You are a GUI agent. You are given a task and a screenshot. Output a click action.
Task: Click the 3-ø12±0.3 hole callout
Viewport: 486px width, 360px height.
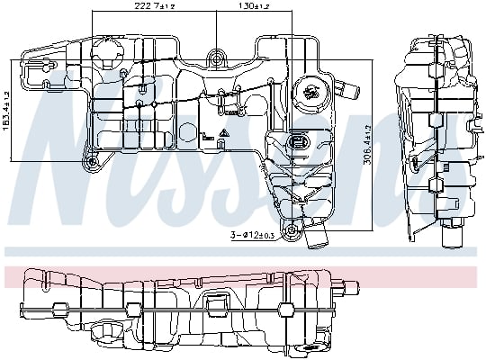[253, 235]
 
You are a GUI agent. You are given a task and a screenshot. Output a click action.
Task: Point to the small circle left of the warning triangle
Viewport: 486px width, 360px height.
[205, 137]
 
